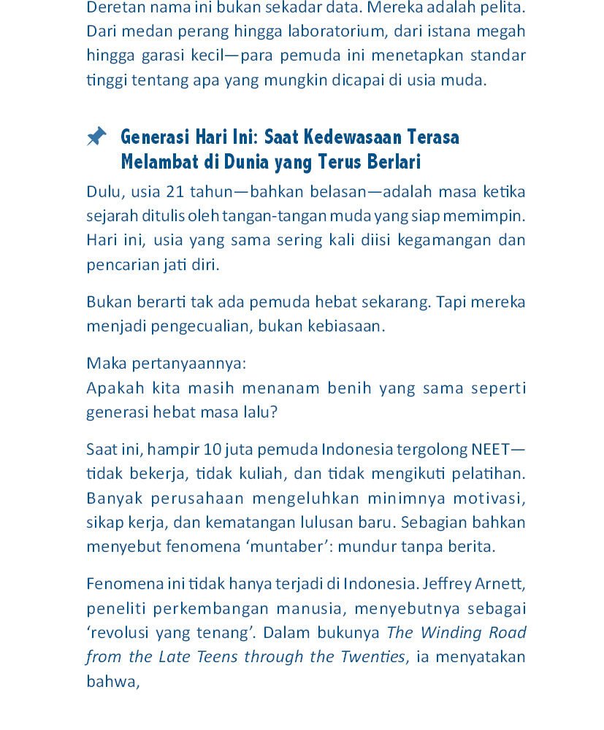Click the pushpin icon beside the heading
click(96, 137)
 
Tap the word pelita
click(502, 7)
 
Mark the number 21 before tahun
click(175, 192)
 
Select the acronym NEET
click(492, 449)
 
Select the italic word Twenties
click(372, 657)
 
